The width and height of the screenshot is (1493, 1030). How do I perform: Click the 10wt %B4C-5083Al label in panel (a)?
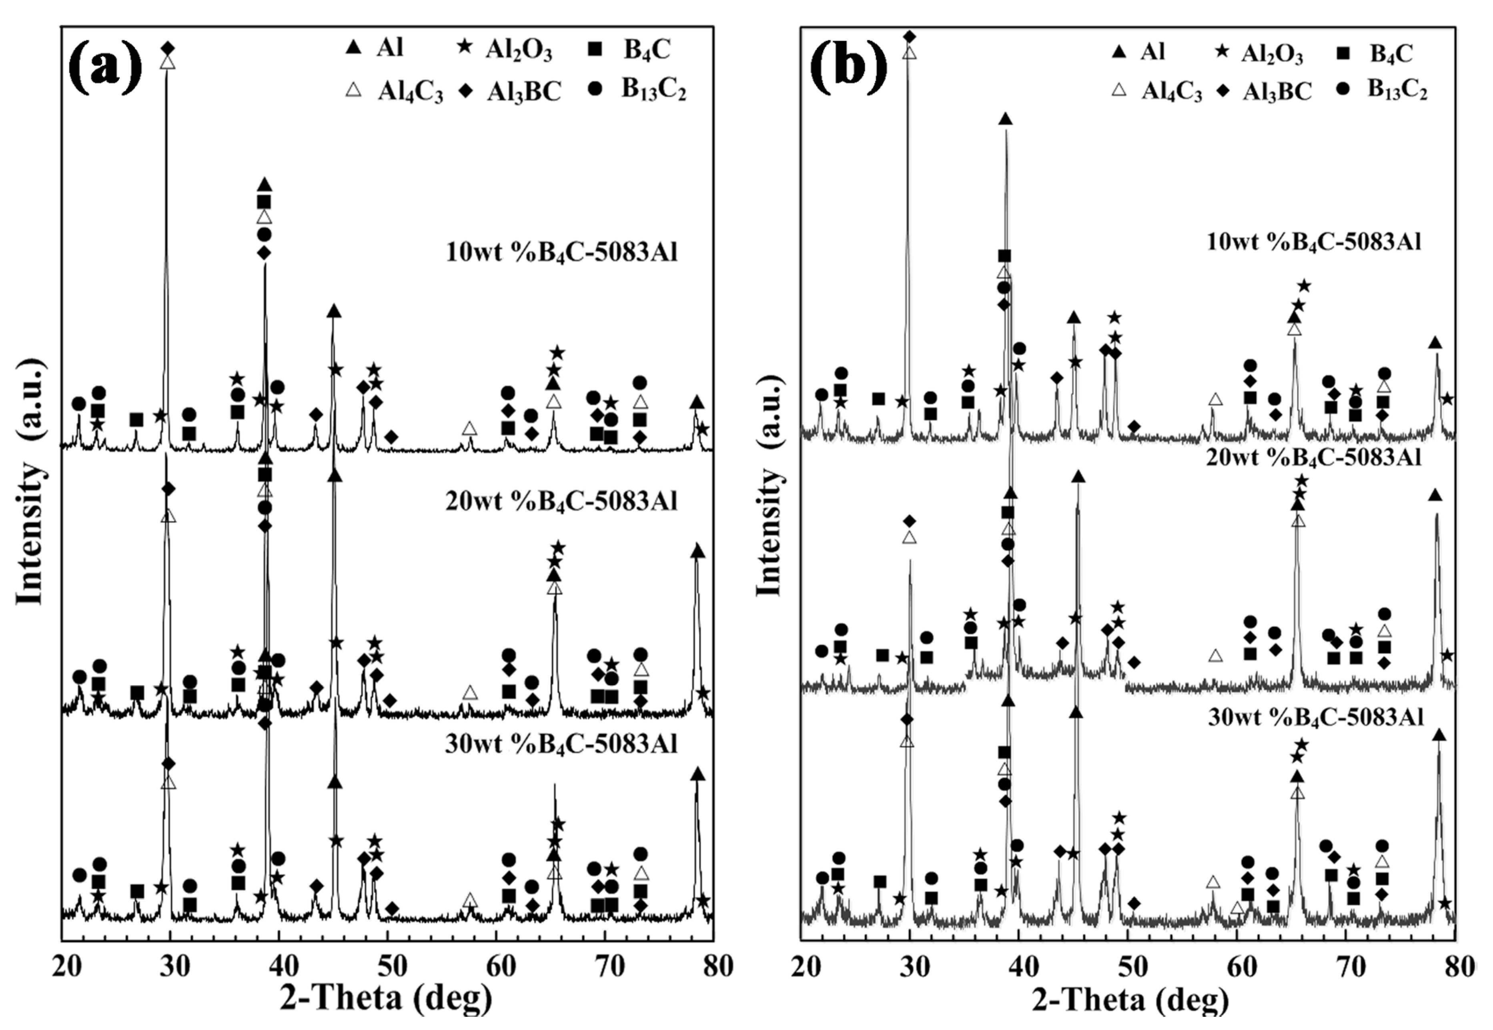[x=561, y=252]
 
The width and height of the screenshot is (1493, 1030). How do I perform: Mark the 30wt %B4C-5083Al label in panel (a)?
[x=561, y=744]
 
